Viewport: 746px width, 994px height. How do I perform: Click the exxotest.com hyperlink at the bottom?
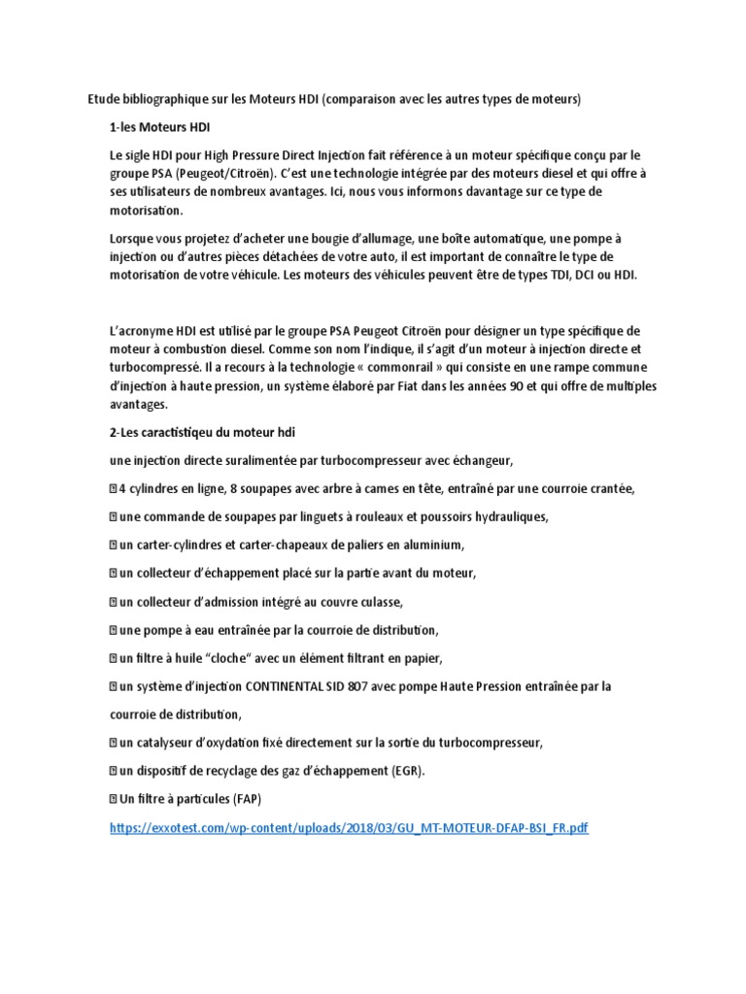pos(350,827)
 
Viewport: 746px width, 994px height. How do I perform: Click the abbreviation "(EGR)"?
pos(407,771)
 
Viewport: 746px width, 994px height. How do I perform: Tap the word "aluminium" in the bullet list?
pos(431,544)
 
